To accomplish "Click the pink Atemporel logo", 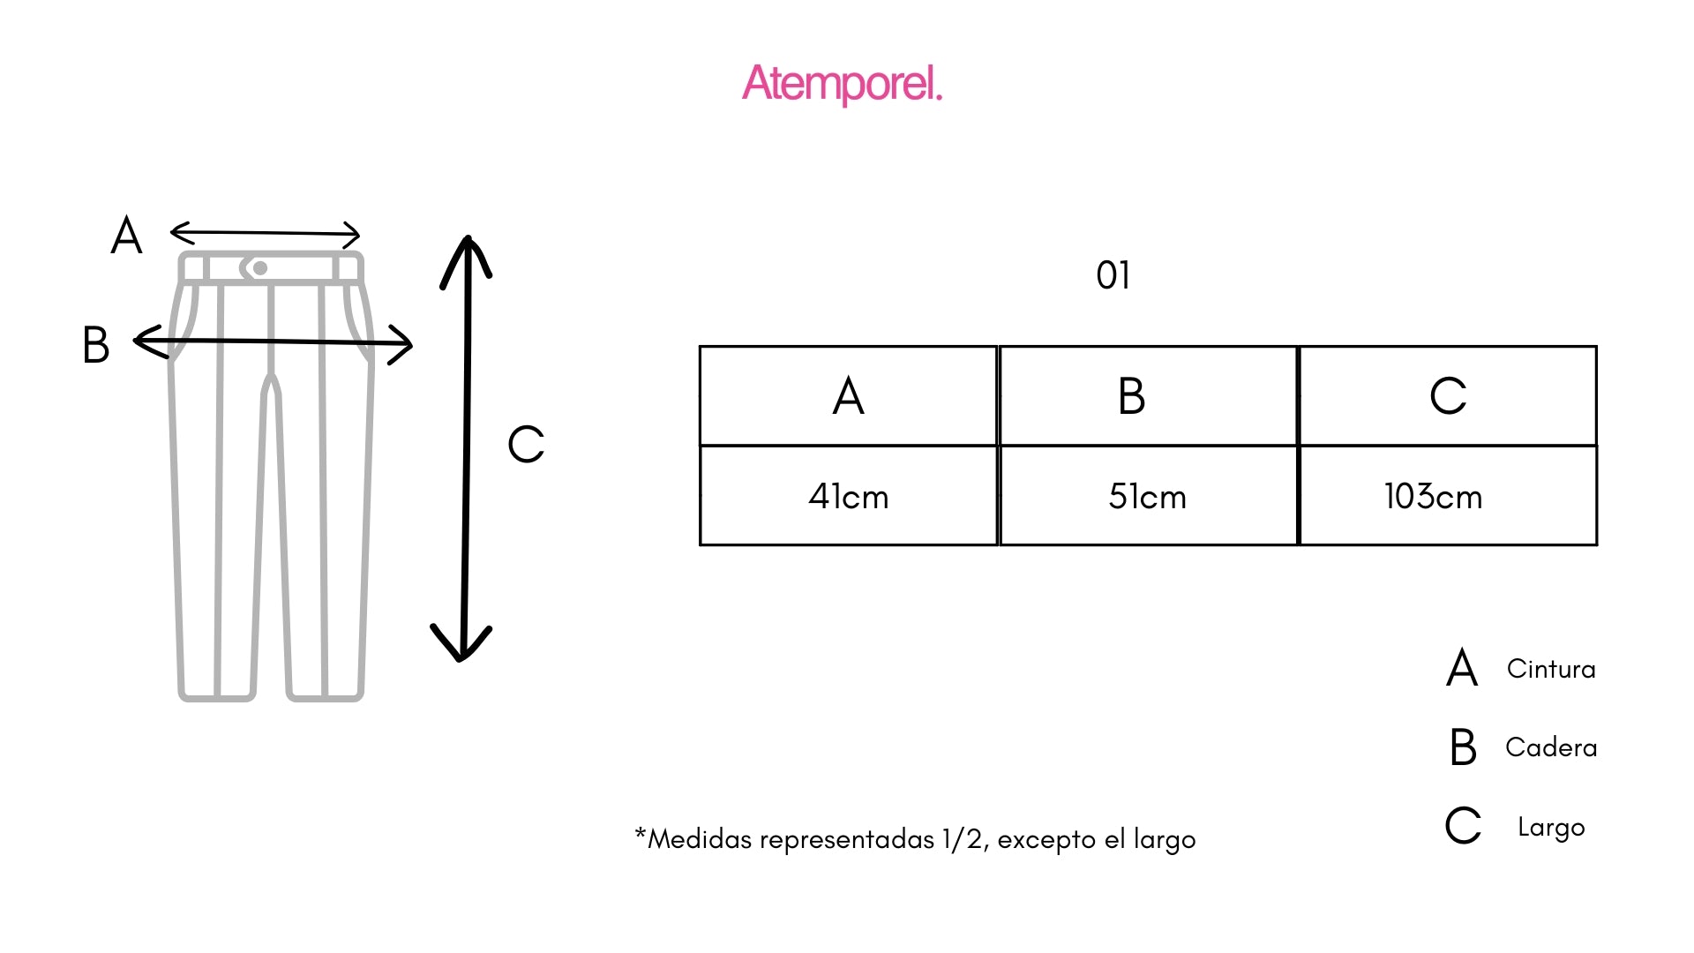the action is click(843, 84).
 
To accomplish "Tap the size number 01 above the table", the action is click(1113, 275).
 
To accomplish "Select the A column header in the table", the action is click(848, 395).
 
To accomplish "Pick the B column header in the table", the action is click(1131, 395).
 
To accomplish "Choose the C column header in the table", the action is click(1448, 395).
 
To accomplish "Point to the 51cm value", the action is click(1147, 497).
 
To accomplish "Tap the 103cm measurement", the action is click(1433, 497).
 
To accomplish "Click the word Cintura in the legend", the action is click(1551, 669).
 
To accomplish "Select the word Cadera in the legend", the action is click(1551, 747).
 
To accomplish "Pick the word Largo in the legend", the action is click(1551, 828).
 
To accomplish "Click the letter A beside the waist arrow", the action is click(126, 236).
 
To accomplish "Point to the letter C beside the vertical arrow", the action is click(526, 444).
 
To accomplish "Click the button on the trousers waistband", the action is click(259, 268).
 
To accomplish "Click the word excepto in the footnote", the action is click(1047, 840).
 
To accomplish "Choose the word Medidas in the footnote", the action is click(702, 838).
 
